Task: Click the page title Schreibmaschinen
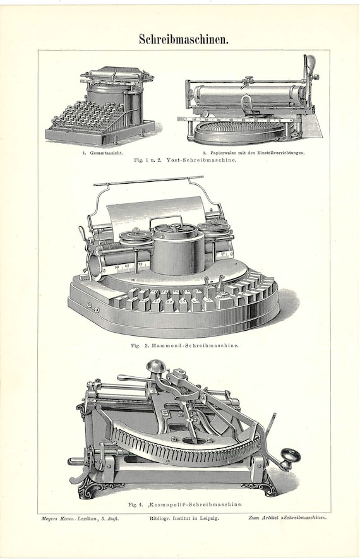click(184, 39)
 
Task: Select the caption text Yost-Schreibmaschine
click(201, 160)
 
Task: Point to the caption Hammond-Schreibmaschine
click(195, 345)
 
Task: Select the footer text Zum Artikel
click(260, 518)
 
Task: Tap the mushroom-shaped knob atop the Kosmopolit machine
click(155, 366)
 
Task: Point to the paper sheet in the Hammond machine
click(157, 213)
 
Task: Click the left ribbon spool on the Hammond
click(136, 237)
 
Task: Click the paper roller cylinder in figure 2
click(247, 94)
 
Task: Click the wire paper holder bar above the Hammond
click(148, 181)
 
